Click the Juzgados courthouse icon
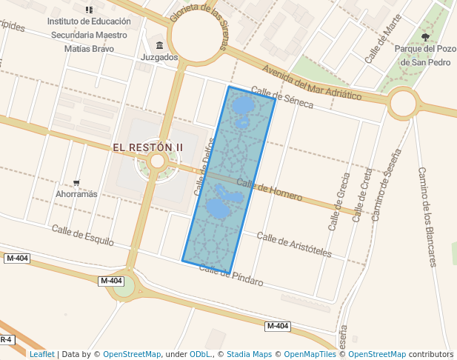point(159,44)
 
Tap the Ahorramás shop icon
point(77,182)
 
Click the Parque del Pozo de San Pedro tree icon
point(424,36)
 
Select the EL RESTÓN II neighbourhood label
point(147,147)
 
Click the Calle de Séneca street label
point(282,98)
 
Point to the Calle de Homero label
point(270,190)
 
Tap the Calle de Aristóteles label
point(294,244)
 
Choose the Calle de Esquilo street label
point(83,235)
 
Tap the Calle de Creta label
point(363,195)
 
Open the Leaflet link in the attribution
point(41,354)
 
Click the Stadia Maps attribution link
point(249,354)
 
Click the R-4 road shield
point(5,339)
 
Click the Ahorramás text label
point(77,195)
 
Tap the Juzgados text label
point(159,57)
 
